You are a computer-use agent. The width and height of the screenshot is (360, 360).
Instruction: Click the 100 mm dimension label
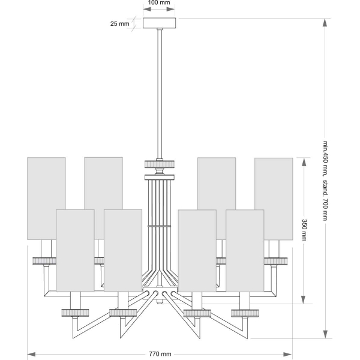point(159,3)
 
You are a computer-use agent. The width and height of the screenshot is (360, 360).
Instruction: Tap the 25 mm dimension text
point(119,23)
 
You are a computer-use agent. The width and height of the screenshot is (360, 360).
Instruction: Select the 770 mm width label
point(160,354)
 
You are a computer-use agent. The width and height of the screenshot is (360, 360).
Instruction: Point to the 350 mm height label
point(304,230)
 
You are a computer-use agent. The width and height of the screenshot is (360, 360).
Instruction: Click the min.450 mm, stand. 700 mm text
point(325,181)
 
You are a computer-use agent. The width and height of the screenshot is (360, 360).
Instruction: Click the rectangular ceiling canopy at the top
point(160,23)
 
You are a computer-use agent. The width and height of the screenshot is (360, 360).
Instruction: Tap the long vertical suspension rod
point(160,94)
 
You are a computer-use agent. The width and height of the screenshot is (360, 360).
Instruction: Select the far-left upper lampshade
point(46,199)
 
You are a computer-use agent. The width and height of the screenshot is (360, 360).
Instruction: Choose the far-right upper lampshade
point(274,199)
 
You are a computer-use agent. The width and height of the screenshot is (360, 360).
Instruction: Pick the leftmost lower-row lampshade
point(75,250)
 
